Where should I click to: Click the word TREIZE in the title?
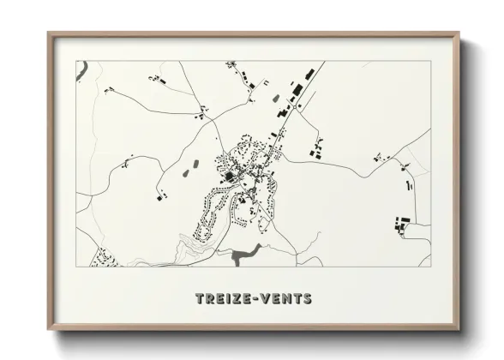coord(220,299)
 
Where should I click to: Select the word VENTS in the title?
coord(285,299)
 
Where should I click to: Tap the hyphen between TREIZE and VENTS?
coord(251,299)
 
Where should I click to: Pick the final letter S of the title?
coord(307,299)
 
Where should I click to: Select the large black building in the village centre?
coord(230,177)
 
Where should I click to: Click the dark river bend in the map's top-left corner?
coord(81,70)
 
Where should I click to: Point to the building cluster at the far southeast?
coord(401,224)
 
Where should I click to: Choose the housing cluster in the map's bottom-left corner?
coord(105,256)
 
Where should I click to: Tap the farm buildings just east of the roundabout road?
coord(315,152)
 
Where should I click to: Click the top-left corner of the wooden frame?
coord(49,34)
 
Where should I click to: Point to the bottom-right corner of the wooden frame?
coord(460,327)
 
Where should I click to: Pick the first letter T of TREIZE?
coord(200,299)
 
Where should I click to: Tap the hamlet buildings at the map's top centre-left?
coord(156,79)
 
